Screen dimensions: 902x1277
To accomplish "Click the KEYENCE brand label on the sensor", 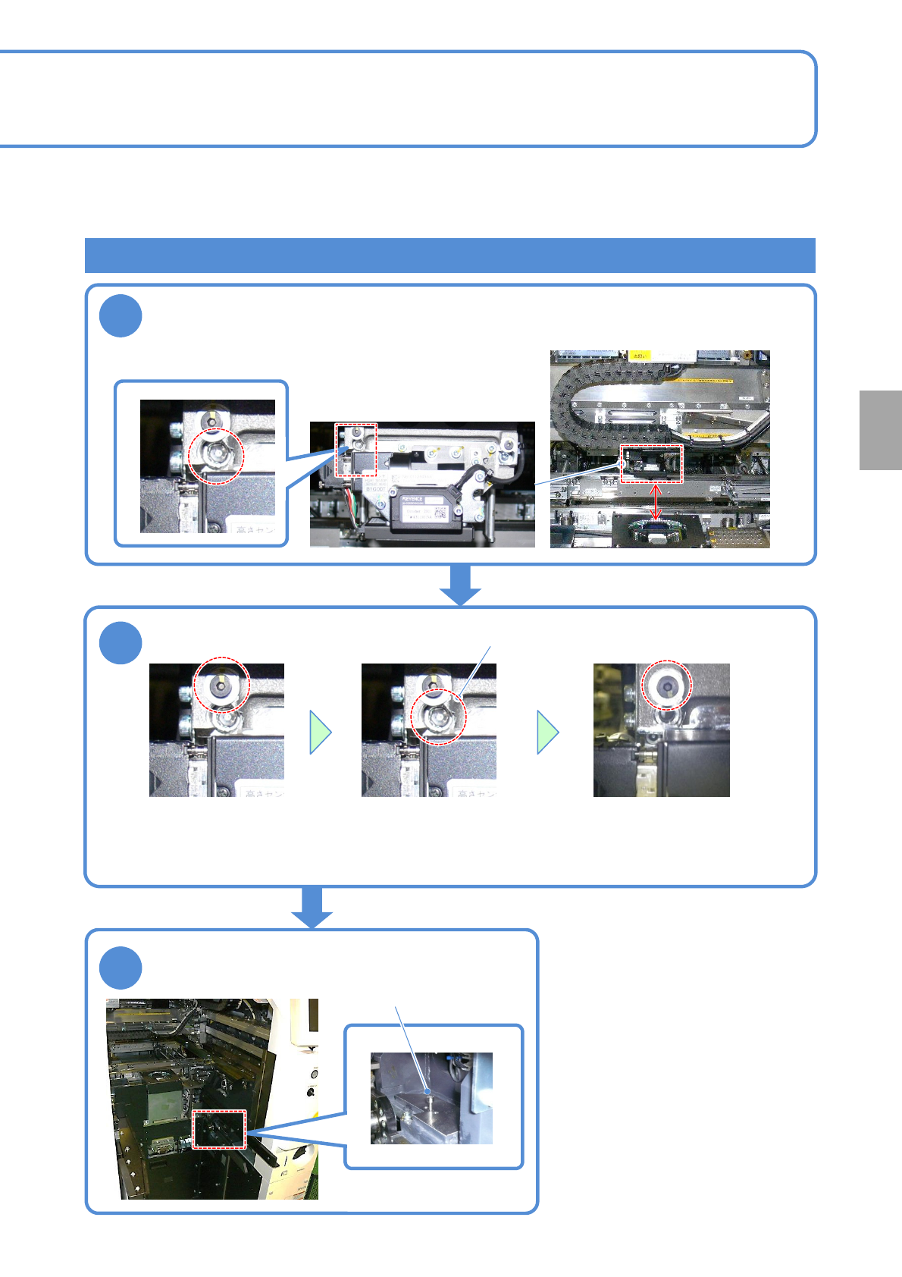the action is click(413, 499).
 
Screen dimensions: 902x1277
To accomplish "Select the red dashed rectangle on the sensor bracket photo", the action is click(355, 450).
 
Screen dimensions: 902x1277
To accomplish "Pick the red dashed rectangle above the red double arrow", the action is click(652, 463).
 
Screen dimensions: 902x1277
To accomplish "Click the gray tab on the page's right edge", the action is click(880, 430).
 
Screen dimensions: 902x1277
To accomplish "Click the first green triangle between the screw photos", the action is click(321, 732).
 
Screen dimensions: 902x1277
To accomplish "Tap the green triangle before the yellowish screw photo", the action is click(548, 732).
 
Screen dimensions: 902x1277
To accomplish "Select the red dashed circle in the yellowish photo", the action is click(667, 685).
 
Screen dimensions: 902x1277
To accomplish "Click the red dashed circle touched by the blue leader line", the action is click(438, 716).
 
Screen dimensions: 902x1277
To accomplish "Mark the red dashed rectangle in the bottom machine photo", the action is click(219, 1129).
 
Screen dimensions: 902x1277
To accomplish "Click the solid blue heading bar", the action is click(449, 256).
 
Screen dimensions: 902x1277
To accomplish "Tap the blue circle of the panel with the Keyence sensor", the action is click(121, 316).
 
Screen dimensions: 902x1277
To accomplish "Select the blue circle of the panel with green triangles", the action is click(121, 642).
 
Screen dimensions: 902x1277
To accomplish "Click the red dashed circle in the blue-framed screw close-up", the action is click(216, 455).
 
